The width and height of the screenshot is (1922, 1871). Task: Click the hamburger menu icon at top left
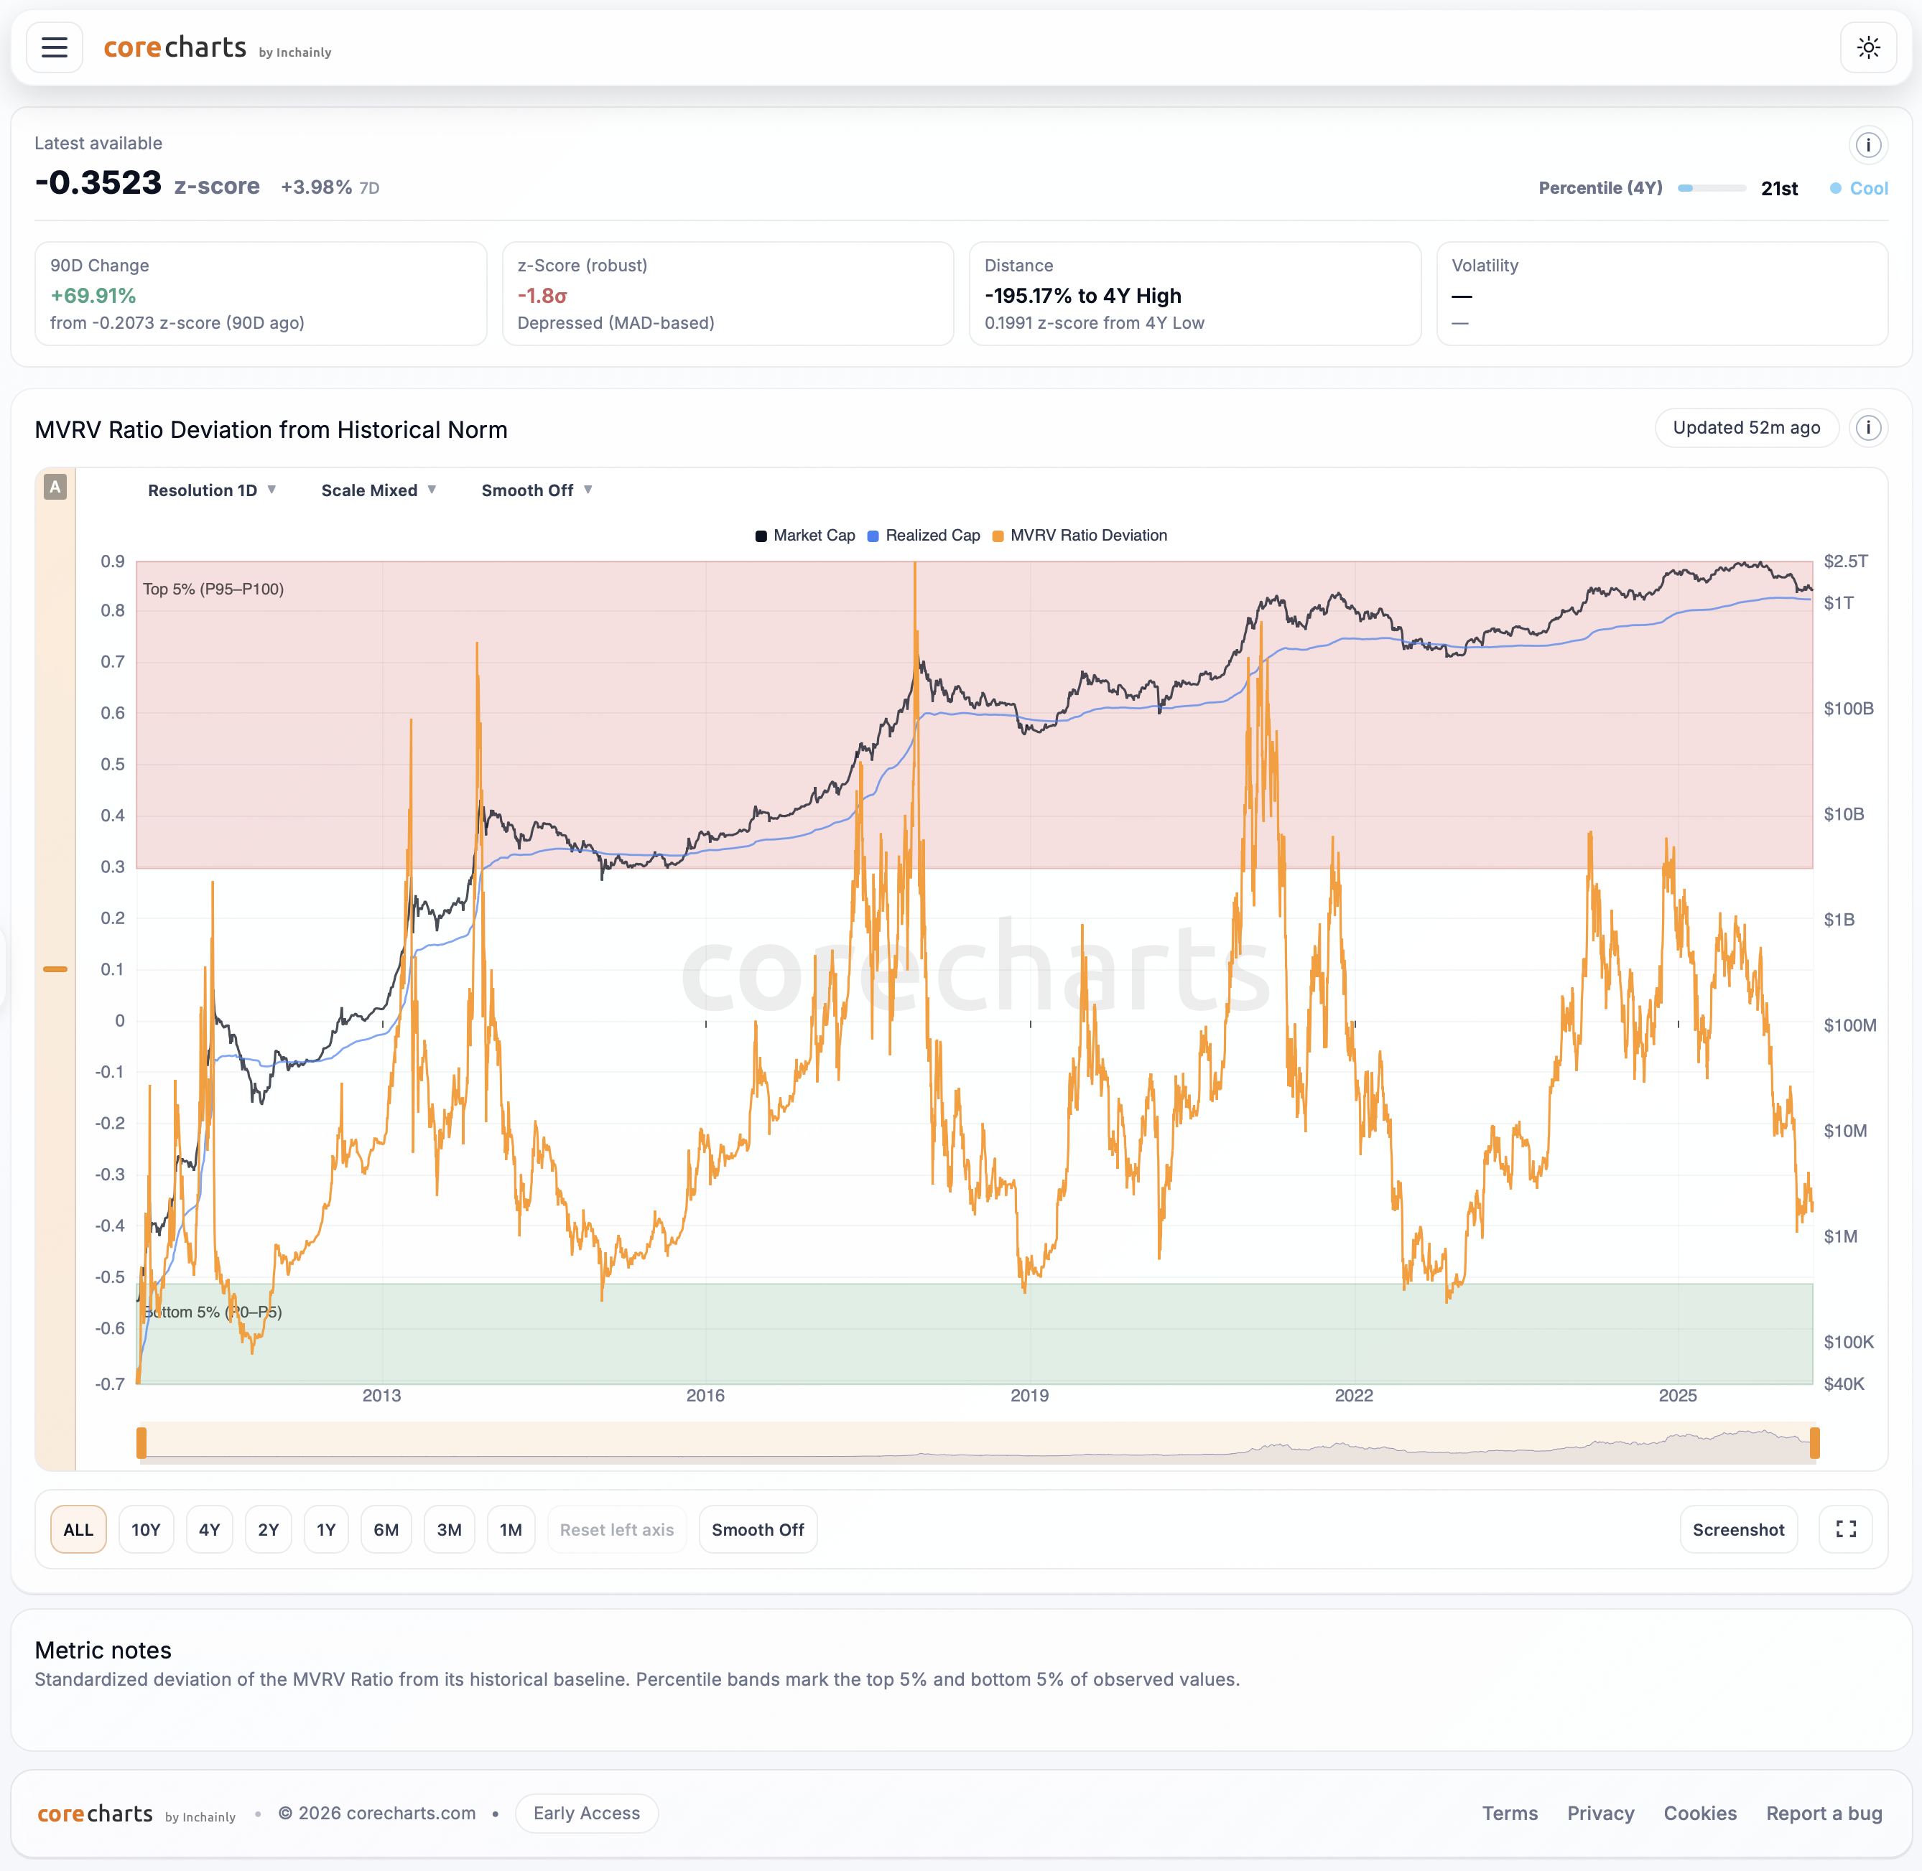click(54, 47)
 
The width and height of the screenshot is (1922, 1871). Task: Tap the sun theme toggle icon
click(1868, 47)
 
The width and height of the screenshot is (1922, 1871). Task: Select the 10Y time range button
click(146, 1529)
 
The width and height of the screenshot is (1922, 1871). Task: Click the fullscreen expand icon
click(1845, 1529)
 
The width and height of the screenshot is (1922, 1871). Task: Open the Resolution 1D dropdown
click(211, 490)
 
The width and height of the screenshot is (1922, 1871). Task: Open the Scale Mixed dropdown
click(378, 490)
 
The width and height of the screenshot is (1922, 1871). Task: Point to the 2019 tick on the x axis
click(1029, 1396)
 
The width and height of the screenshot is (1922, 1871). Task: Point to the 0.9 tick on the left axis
click(112, 561)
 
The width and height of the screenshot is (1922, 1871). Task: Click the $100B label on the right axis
click(1847, 709)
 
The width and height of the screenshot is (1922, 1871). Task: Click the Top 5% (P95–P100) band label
click(213, 589)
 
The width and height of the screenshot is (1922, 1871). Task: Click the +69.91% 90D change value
click(93, 296)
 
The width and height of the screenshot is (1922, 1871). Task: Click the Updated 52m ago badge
click(1746, 427)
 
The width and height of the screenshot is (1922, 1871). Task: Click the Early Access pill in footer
click(586, 1813)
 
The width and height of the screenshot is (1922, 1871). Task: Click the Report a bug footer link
click(1824, 1813)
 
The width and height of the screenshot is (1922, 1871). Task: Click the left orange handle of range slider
click(141, 1442)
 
